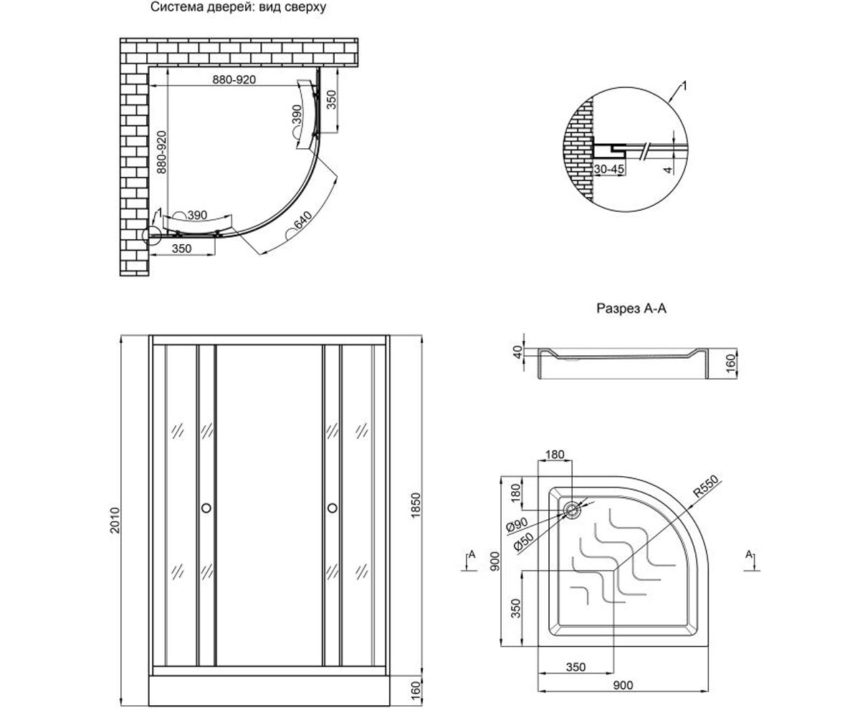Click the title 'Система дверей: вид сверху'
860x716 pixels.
[238, 7]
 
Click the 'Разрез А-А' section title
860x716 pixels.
[631, 309]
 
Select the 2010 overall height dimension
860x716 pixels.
[115, 521]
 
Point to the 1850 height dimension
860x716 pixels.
[416, 505]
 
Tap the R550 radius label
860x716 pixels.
[706, 486]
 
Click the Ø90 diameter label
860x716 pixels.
[517, 525]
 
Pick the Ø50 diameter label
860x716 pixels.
[523, 541]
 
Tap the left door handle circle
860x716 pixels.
[206, 508]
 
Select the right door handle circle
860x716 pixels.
[333, 508]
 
